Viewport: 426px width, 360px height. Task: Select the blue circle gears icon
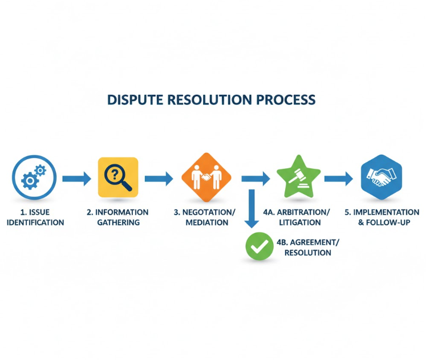pyautogui.click(x=34, y=177)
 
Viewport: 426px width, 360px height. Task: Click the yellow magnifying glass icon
pyautogui.click(x=118, y=177)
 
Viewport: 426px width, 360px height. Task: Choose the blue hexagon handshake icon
pyautogui.click(x=382, y=177)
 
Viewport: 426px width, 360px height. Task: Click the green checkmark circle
pyautogui.click(x=259, y=246)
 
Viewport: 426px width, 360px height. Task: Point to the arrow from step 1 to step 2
pyautogui.click(x=76, y=179)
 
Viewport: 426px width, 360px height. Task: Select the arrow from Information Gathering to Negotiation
pyautogui.click(x=159, y=179)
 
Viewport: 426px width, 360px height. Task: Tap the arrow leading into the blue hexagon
pyautogui.click(x=339, y=179)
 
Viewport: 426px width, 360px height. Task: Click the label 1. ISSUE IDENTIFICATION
pyautogui.click(x=35, y=217)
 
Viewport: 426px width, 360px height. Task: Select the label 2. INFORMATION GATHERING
pyautogui.click(x=117, y=217)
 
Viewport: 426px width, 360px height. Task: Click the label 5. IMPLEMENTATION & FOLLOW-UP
pyautogui.click(x=382, y=217)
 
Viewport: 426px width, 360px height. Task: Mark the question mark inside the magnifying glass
pyautogui.click(x=115, y=172)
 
